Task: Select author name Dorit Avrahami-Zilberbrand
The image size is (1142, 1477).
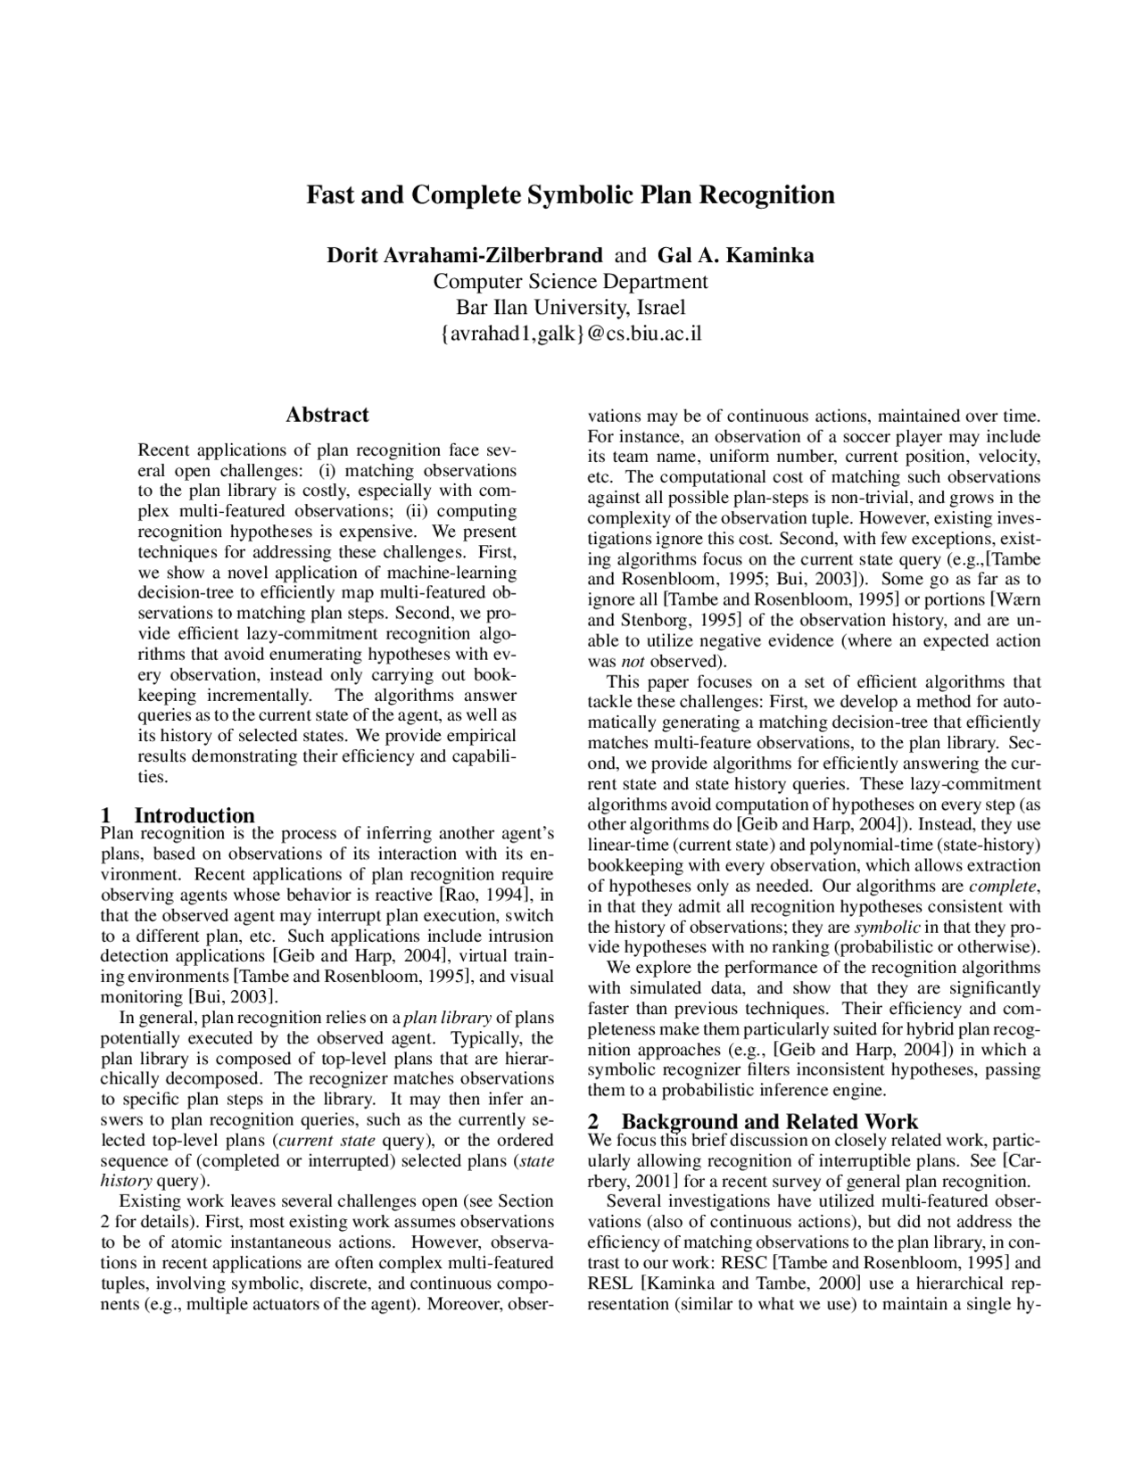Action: (464, 256)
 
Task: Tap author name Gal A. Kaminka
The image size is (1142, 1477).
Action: (735, 256)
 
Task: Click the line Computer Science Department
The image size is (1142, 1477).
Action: (570, 282)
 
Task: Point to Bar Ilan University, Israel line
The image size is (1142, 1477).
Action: (570, 308)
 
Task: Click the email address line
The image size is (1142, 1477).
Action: (570, 334)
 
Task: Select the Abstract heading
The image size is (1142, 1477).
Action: (327, 415)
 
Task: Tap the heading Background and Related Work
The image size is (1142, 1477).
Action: (769, 1121)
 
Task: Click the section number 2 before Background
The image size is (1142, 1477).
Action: (594, 1121)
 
